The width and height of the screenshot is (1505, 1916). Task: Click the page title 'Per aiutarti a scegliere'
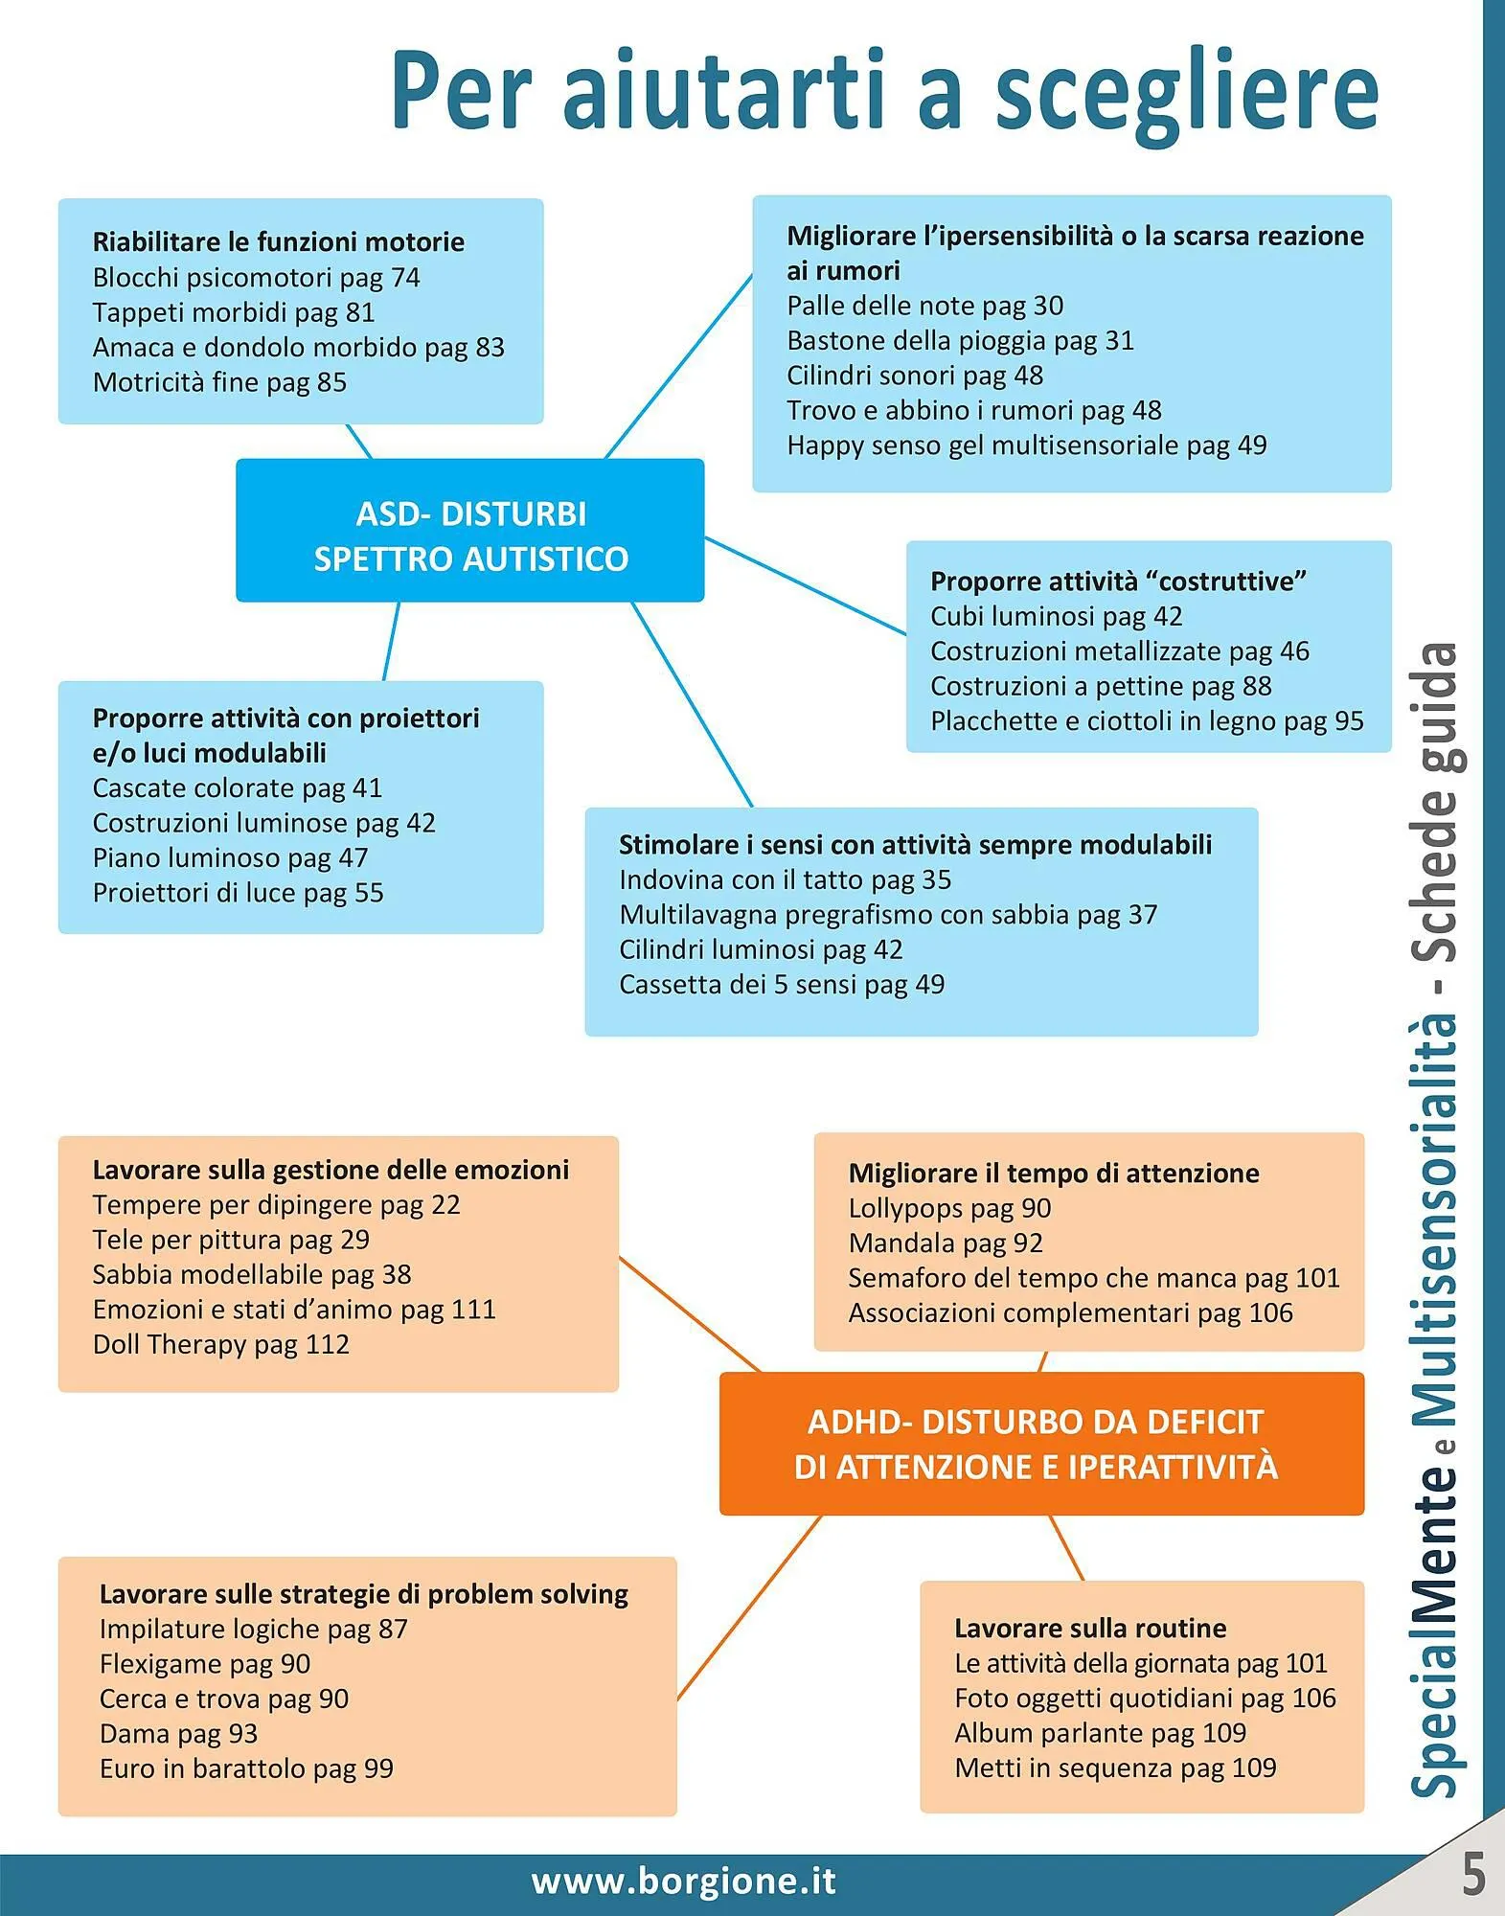click(884, 91)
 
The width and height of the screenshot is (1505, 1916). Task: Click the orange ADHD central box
click(1040, 1444)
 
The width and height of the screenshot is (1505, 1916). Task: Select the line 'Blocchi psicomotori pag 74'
click(256, 278)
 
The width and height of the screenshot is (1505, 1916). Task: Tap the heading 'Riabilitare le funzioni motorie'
click(278, 242)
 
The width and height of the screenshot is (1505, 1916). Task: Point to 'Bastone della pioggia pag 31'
click(960, 341)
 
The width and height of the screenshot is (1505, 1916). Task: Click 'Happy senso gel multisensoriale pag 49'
click(1026, 445)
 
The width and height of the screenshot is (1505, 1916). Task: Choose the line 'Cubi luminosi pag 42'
click(1056, 617)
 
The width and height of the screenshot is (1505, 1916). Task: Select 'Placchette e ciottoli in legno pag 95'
click(1147, 721)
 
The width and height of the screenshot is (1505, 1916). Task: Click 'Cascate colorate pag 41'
click(237, 788)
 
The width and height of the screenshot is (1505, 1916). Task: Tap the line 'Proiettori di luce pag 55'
click(238, 894)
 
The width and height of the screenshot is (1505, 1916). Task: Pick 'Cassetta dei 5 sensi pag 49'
click(781, 985)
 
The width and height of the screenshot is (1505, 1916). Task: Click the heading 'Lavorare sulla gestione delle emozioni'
click(331, 1171)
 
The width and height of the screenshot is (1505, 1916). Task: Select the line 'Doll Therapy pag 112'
click(220, 1345)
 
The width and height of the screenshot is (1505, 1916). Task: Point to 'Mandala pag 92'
click(945, 1243)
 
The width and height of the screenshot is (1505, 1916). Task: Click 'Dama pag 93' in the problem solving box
click(178, 1734)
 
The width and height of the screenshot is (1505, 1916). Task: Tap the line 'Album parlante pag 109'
click(1100, 1733)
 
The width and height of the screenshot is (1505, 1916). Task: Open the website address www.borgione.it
click(683, 1882)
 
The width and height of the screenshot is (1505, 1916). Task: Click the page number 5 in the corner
click(1473, 1874)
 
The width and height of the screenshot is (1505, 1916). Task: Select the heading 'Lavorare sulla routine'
click(1090, 1629)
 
